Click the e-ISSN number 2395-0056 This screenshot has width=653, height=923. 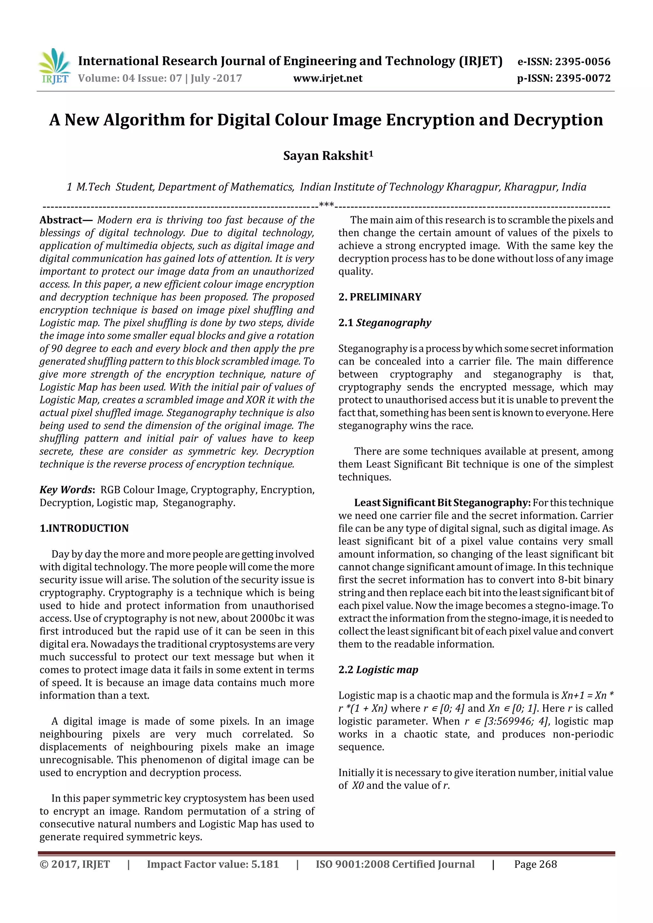[x=582, y=61]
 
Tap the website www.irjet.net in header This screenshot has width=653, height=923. [x=327, y=78]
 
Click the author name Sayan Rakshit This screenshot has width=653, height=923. [x=327, y=155]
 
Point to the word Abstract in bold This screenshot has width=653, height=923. [x=61, y=220]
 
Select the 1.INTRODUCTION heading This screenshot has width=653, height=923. [x=84, y=528]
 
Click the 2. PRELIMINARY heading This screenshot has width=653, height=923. [x=379, y=297]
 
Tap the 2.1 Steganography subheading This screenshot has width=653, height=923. [x=384, y=322]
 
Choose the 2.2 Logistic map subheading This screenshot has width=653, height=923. [x=378, y=670]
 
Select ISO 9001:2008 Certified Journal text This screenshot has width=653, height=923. [x=395, y=864]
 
